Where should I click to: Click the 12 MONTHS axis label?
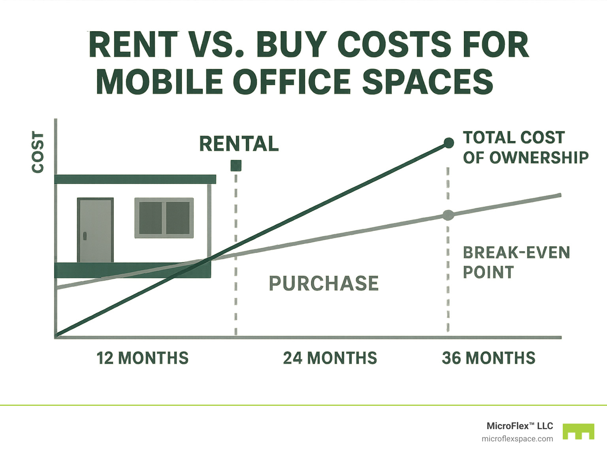point(143,358)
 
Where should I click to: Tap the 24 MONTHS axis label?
point(330,358)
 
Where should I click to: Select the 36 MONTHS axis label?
point(488,358)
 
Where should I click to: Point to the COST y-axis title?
point(38,153)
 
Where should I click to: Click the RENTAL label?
point(239,144)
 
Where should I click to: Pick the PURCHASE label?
point(324,283)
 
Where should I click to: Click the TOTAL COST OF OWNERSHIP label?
point(526,148)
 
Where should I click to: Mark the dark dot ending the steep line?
point(449,143)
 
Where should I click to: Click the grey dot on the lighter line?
point(448,215)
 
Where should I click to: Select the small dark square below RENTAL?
point(236,165)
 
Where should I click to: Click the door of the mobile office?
point(95,230)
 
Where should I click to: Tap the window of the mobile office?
point(164,218)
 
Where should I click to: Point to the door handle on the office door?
point(85,236)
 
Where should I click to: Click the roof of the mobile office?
point(135,179)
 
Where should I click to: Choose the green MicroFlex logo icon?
point(578,432)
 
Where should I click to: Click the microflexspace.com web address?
point(517,439)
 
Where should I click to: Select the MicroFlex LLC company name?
point(520,426)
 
